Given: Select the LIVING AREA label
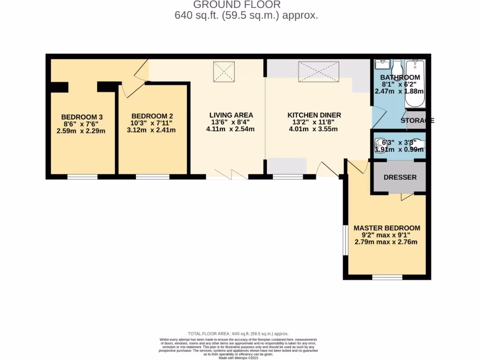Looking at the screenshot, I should (231, 115).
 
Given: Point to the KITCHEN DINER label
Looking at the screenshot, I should (314, 115).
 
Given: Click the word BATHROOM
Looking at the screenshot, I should (400, 77).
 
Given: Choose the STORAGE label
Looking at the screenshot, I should (417, 120).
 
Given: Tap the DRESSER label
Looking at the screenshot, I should (400, 178).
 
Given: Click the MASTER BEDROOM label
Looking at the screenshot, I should (387, 228).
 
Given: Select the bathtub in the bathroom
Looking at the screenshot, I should (415, 83).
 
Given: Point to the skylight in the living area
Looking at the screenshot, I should (224, 72).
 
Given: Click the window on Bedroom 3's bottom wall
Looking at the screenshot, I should (82, 177).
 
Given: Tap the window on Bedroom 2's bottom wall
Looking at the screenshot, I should (152, 177).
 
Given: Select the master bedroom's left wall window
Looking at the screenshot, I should (345, 240).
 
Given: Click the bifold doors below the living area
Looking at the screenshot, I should (227, 176).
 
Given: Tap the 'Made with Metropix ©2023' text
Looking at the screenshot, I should (239, 358).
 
